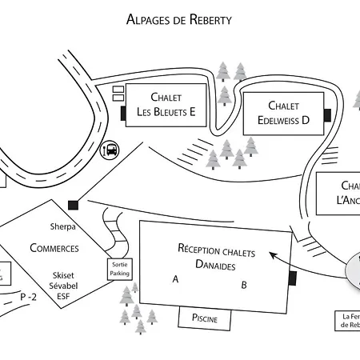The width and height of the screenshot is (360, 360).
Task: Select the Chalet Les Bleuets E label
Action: (x=166, y=105)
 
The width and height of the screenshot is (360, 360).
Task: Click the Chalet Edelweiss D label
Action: (x=283, y=113)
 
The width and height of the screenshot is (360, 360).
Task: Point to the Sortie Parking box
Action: (x=119, y=269)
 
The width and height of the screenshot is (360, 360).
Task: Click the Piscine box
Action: (x=204, y=318)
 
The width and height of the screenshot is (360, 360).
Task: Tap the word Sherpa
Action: (x=62, y=226)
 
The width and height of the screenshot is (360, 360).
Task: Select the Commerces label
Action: (x=54, y=248)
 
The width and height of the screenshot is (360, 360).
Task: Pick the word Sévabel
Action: (x=62, y=284)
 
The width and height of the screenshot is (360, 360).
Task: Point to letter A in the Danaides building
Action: (x=175, y=279)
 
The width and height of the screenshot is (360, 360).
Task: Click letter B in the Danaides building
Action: (x=244, y=284)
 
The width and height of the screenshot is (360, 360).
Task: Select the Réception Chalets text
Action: (x=216, y=250)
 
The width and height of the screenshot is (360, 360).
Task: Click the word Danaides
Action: (x=217, y=264)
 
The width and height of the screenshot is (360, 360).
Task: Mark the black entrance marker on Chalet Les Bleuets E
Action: (x=124, y=114)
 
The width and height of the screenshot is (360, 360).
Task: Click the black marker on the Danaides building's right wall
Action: (x=292, y=278)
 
